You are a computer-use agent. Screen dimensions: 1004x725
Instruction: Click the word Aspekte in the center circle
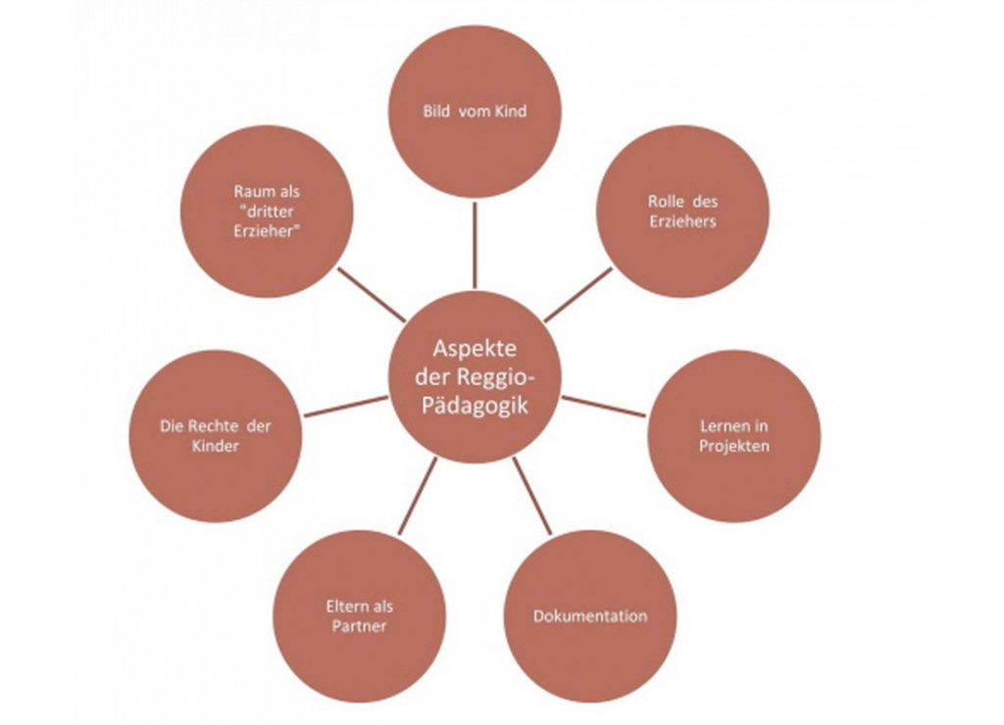pyautogui.click(x=475, y=349)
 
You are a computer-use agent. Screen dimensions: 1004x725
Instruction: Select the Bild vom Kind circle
pyautogui.click(x=475, y=112)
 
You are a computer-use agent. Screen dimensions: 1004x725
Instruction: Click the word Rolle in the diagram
pyautogui.click(x=663, y=202)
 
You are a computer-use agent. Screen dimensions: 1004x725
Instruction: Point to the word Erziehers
pyautogui.click(x=682, y=221)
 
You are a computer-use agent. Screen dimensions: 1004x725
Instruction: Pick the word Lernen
pyautogui.click(x=725, y=426)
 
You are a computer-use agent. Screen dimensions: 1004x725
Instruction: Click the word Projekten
pyautogui.click(x=733, y=446)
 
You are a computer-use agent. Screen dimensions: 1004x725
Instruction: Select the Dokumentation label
pyautogui.click(x=590, y=616)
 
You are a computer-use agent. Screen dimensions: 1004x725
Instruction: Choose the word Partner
pyautogui.click(x=359, y=626)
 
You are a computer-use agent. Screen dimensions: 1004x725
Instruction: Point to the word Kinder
pyautogui.click(x=215, y=446)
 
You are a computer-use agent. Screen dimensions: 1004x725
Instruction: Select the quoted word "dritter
pyautogui.click(x=267, y=212)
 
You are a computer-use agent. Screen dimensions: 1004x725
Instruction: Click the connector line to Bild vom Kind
pyautogui.click(x=475, y=245)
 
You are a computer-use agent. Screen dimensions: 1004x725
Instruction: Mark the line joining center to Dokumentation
pyautogui.click(x=531, y=496)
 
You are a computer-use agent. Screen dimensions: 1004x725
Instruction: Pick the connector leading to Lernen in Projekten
pyautogui.click(x=604, y=407)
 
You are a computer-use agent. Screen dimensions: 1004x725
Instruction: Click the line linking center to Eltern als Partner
pyautogui.click(x=417, y=496)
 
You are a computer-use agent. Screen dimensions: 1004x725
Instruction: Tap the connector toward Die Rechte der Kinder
pyautogui.click(x=346, y=407)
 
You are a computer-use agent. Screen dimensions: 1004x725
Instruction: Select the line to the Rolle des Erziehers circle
pyautogui.click(x=578, y=294)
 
